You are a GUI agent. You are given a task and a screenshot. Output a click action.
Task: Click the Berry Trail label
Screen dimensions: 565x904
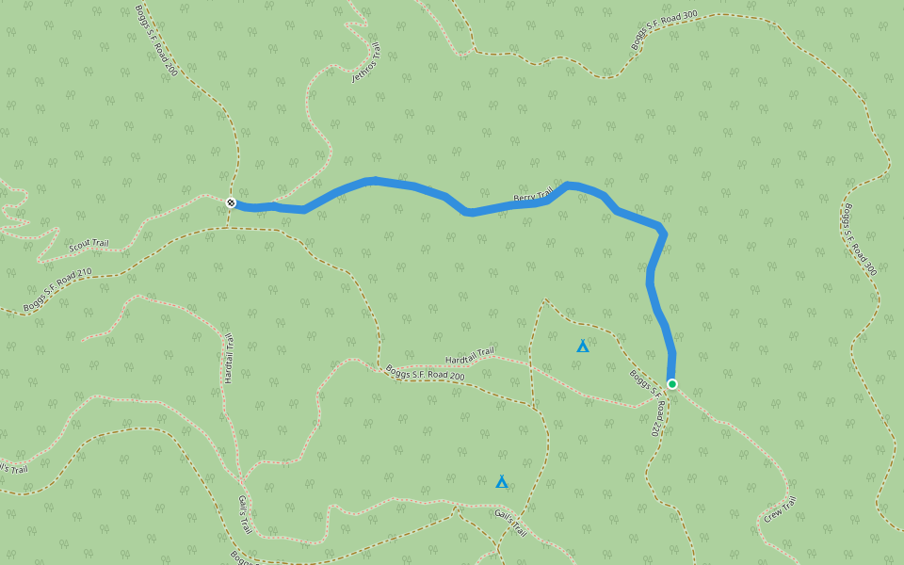pyautogui.click(x=533, y=194)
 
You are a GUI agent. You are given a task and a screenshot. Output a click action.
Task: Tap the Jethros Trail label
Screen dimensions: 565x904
pyautogui.click(x=366, y=63)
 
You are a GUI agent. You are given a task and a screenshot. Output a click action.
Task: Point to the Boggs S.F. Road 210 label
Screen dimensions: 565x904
pyautogui.click(x=58, y=288)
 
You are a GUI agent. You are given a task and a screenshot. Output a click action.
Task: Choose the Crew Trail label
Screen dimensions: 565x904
pyautogui.click(x=780, y=509)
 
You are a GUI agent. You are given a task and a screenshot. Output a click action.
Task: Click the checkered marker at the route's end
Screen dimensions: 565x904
pyautogui.click(x=231, y=202)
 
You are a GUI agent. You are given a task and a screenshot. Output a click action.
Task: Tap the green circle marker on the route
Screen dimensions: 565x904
pyautogui.click(x=672, y=383)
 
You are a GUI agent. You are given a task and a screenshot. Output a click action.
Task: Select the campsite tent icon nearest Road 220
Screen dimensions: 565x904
pyautogui.click(x=583, y=347)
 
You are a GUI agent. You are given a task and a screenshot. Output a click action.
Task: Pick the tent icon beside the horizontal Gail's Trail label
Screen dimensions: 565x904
pyautogui.click(x=502, y=482)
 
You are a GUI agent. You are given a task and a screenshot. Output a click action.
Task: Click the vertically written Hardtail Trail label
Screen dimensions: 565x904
pyautogui.click(x=229, y=357)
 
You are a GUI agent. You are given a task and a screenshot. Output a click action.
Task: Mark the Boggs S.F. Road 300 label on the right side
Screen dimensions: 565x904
pyautogui.click(x=859, y=239)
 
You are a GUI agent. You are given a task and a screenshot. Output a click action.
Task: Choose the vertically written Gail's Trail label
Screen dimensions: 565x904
pyautogui.click(x=244, y=514)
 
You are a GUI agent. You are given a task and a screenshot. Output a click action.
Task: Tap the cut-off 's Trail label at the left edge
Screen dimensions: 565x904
pyautogui.click(x=13, y=467)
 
